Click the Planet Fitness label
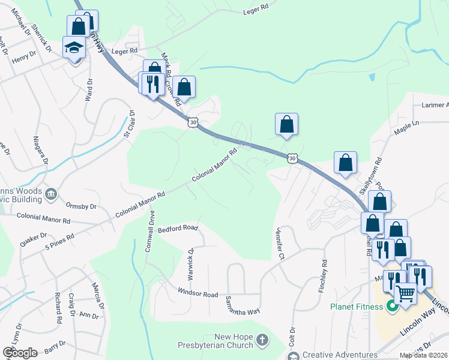(357, 307)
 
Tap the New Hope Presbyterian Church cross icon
(261, 340)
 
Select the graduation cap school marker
(74, 48)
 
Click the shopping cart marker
(406, 293)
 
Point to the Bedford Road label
(178, 229)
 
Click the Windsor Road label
(197, 294)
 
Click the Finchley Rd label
(324, 276)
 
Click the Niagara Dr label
(43, 157)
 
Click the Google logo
(20, 352)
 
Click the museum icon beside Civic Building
(51, 193)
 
